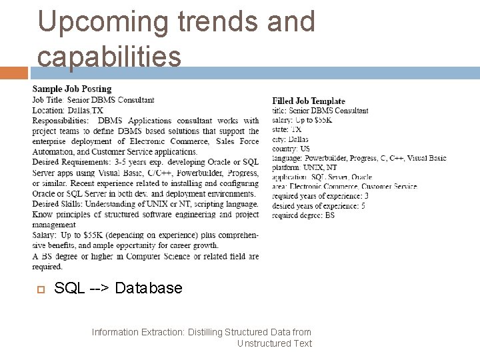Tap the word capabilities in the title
109,56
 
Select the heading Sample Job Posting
72,89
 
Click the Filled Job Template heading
309,101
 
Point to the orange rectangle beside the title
15,72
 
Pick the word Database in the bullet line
149,288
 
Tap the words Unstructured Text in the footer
274,343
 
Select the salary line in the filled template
302,120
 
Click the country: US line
291,149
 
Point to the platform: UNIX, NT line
305,167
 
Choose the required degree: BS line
303,215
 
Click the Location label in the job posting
48,110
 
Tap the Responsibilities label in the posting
60,121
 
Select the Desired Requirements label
65,162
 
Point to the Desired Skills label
54,203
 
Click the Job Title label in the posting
48,100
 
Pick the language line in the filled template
359,158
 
